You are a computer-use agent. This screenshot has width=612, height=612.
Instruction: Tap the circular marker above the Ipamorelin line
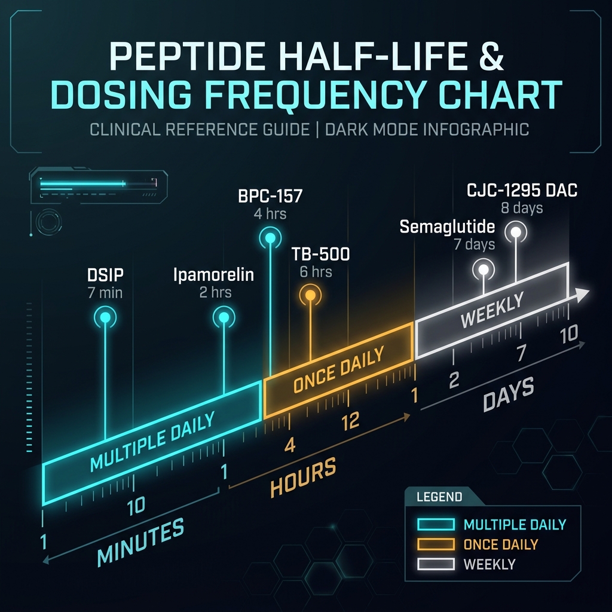coord(224,318)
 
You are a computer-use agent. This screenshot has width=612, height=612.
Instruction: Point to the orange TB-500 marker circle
coord(310,295)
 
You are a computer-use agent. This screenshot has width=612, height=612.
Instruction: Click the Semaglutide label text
coord(448,228)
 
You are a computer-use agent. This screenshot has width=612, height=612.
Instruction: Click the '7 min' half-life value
coord(105,293)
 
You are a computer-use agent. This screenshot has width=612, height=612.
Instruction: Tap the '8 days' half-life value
coord(522,209)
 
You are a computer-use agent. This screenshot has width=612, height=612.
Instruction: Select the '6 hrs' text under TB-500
coord(316,272)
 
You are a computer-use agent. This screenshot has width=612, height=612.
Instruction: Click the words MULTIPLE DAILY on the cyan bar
coord(152,442)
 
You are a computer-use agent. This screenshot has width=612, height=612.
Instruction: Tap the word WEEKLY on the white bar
coord(492,311)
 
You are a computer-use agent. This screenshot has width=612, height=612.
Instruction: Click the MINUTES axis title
coord(141,541)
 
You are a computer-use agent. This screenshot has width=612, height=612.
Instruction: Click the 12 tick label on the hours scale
coord(350,421)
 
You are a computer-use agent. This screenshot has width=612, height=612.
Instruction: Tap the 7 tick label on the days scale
coord(521,353)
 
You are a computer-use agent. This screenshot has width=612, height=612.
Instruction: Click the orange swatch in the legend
coord(437,544)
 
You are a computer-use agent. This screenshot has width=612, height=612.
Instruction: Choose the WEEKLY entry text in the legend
coord(489,564)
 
